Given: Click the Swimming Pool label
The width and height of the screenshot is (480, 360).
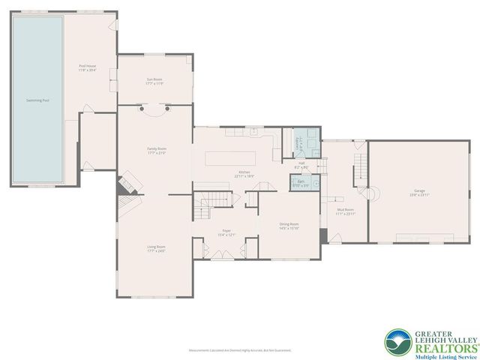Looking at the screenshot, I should pyautogui.click(x=38, y=100).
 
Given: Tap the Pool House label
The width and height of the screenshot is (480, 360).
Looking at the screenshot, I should pyautogui.click(x=88, y=68).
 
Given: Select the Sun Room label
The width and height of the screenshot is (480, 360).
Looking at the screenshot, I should pyautogui.click(x=154, y=81).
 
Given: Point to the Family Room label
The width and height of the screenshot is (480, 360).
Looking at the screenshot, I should pyautogui.click(x=156, y=151).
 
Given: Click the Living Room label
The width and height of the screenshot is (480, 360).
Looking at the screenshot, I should pyautogui.click(x=155, y=248).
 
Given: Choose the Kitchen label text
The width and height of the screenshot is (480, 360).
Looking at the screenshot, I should pyautogui.click(x=244, y=174).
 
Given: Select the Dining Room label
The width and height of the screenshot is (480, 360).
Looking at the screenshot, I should pyautogui.click(x=289, y=226).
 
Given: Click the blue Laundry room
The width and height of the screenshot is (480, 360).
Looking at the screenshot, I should pyautogui.click(x=298, y=142).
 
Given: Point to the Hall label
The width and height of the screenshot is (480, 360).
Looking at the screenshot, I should pyautogui.click(x=301, y=164).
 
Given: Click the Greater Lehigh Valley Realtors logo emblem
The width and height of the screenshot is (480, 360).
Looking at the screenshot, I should pyautogui.click(x=397, y=342).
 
